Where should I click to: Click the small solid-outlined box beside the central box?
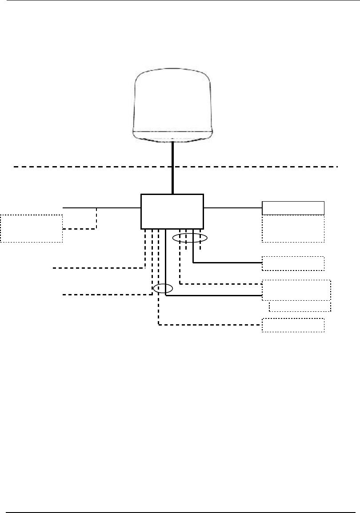[x=293, y=207]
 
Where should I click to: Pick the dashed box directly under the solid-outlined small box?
[x=293, y=229]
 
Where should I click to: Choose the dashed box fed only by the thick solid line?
[x=293, y=263]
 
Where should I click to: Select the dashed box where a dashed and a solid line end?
[x=296, y=290]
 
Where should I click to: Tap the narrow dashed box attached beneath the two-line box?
[x=300, y=306]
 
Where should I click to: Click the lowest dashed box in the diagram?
[x=293, y=325]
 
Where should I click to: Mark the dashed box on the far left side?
[x=32, y=228]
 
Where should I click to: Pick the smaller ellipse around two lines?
[x=163, y=288]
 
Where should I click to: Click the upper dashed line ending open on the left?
[x=98, y=268]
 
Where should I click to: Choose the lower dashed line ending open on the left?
[x=107, y=294]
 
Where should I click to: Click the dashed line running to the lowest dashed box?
[x=209, y=325]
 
